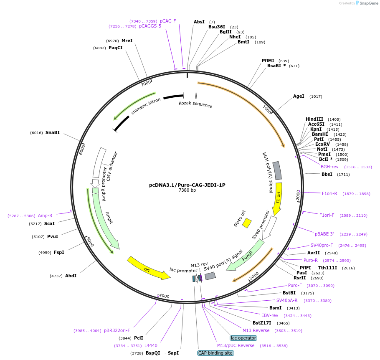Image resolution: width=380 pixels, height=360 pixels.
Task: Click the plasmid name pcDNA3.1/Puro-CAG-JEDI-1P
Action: pos(187,185)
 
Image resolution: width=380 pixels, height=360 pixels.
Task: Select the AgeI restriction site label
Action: pos(299,96)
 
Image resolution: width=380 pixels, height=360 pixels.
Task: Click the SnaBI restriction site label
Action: pos(53,133)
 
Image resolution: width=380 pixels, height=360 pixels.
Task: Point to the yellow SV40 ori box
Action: pos(247,223)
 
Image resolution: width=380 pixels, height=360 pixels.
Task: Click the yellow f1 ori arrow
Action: pos(278,198)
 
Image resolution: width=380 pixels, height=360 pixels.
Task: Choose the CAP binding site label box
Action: pos(215,353)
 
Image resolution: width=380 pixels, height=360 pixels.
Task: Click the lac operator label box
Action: pos(243,338)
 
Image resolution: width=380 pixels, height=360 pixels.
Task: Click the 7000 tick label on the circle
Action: pos(146,84)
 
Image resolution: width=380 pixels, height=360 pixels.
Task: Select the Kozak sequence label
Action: pos(195,104)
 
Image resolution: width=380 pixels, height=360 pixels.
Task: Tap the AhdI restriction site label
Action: pos(71,276)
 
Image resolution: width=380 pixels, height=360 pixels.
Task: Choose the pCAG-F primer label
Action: pos(168,21)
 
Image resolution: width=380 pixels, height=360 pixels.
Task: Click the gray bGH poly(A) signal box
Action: pos(277,170)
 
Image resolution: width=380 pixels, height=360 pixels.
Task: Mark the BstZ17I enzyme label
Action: pos(262,323)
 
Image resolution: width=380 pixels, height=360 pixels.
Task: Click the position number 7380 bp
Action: pos(187,190)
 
